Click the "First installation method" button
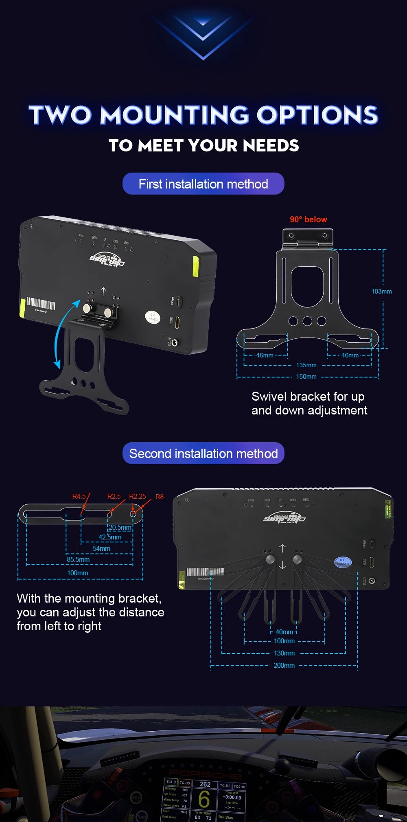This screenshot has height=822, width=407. pos(203,184)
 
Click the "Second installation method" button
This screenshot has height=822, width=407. pos(203,453)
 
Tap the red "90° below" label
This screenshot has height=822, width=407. pos(308,219)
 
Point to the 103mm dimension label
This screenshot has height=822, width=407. pos(381,291)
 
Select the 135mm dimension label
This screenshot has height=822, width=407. pos(306,365)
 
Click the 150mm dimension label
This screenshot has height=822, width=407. pos(306,377)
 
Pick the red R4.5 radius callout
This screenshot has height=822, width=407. pos(79,496)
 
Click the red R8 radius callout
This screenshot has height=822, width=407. pos(159,497)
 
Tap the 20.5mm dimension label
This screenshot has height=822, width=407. pos(120,527)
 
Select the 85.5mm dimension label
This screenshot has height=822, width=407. pos(78,559)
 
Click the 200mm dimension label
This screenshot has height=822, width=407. pos(284,665)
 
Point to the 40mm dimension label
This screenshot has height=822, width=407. pos(284,632)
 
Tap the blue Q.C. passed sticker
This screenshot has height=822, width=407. pos(343,562)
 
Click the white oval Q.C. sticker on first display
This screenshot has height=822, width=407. pos(152,317)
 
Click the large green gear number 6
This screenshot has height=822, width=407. pos(204,799)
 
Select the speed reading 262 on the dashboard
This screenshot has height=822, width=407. pos(205,784)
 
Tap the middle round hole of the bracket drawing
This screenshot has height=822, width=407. pos(307,321)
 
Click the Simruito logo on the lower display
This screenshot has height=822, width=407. pos(284,518)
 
